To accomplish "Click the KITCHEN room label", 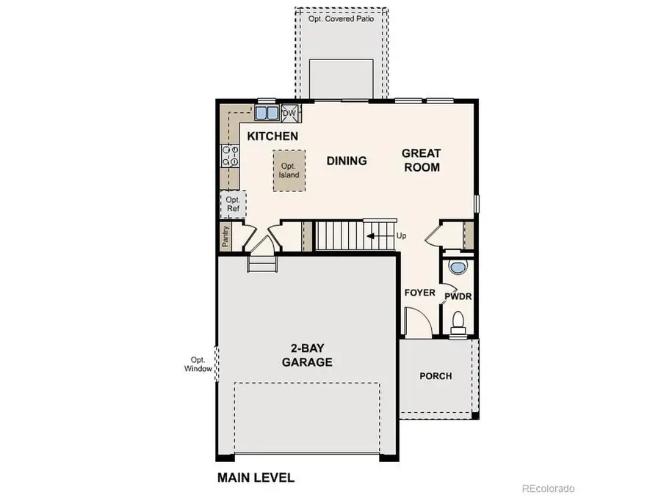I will click(x=272, y=136).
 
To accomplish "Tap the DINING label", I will click(x=347, y=161).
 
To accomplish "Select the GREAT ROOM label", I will click(x=421, y=160).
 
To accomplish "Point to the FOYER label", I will click(x=420, y=293).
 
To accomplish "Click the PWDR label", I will click(x=457, y=296).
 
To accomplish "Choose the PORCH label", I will click(x=436, y=376).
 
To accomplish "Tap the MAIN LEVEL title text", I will click(x=256, y=477).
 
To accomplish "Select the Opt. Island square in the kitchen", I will click(x=288, y=171).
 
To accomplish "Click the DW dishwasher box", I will click(x=289, y=113).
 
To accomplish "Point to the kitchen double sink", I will click(x=266, y=113).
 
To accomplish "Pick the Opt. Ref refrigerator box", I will click(x=234, y=204).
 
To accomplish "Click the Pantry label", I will click(x=226, y=236).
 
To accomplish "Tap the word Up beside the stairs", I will click(x=401, y=236).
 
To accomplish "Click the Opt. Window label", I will click(x=198, y=364).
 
